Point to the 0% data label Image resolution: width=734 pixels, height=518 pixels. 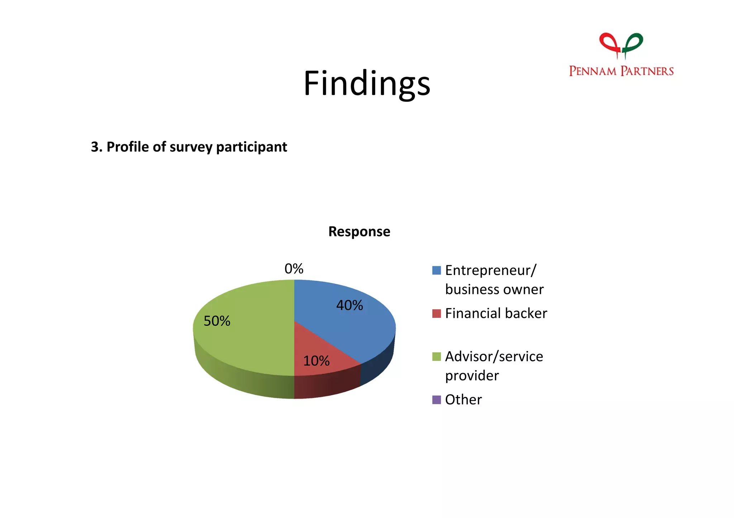pyautogui.click(x=294, y=269)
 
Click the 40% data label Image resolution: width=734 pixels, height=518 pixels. pyautogui.click(x=349, y=305)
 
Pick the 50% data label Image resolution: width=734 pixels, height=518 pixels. pyautogui.click(x=217, y=321)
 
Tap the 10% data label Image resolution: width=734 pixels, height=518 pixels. pyautogui.click(x=316, y=361)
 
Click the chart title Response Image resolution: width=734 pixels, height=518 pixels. pyautogui.click(x=359, y=232)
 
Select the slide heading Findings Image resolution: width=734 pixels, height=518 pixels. pyautogui.click(x=367, y=83)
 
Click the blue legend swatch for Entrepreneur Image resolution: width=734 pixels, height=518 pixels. pyautogui.click(x=437, y=270)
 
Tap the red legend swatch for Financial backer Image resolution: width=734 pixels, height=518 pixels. pyautogui.click(x=437, y=314)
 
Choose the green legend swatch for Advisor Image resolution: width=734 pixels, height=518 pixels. pyautogui.click(x=437, y=357)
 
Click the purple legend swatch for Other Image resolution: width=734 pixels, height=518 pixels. pyautogui.click(x=437, y=400)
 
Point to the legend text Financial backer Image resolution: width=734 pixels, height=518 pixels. pyautogui.click(x=496, y=314)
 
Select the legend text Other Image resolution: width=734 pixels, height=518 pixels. pyautogui.click(x=463, y=400)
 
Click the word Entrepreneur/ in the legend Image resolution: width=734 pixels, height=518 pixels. pyautogui.click(x=491, y=270)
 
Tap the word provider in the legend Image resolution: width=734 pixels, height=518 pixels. pyautogui.click(x=472, y=376)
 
